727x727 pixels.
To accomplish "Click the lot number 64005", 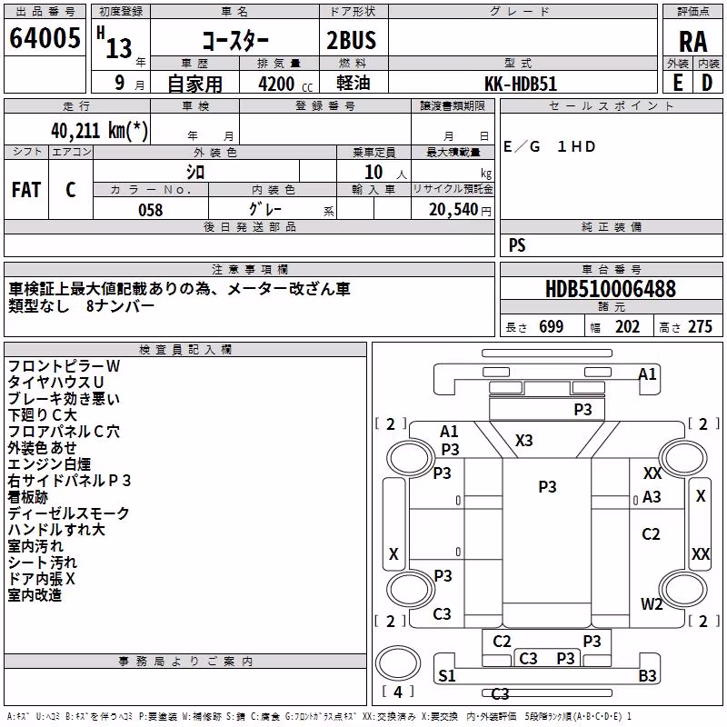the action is point(45,38).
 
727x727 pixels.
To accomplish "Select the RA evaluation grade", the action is point(692,42).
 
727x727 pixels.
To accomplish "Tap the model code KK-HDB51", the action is point(521,84).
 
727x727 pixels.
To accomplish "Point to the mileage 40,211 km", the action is point(99,130).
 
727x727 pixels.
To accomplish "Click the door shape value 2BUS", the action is point(352,40).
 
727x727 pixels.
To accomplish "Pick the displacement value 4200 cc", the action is point(285,84).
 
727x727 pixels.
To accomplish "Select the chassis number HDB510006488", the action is point(611,289).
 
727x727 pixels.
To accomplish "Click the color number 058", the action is point(150,210).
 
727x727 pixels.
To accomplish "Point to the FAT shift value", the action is point(26,190).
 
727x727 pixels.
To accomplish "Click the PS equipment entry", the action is point(517,244).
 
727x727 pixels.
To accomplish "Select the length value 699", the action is point(552,326).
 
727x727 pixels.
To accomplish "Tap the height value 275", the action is point(700,326).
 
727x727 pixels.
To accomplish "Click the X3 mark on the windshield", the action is point(524,440).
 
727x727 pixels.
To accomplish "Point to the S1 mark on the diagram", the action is point(446,675).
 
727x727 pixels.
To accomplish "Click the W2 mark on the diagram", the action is point(652,603).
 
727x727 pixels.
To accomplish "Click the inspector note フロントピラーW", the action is point(64,366).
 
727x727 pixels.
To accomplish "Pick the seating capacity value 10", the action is point(373,172).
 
